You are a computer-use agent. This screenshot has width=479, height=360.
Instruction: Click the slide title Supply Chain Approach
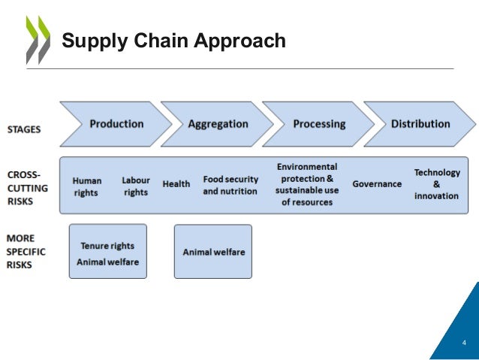coord(173,41)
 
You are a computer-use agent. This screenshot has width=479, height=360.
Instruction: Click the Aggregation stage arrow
coord(218,124)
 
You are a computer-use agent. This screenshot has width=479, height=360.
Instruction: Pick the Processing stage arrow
coord(319,124)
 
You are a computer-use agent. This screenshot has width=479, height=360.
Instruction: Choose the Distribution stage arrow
coord(420,124)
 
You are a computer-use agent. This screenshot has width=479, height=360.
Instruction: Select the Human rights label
coord(87,186)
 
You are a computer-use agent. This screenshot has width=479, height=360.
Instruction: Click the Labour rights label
coord(136,186)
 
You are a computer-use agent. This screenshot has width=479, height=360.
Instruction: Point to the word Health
coord(176,184)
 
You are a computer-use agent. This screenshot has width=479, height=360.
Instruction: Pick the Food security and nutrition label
coord(230,185)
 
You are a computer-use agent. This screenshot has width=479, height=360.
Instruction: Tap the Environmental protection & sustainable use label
coord(307,184)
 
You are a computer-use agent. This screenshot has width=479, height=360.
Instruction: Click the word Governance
coord(377,184)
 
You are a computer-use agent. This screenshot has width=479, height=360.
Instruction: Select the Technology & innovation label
coord(436,184)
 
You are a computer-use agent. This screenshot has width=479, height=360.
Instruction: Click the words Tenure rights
coord(107,245)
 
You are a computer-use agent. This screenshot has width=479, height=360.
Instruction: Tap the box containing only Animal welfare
coord(213,252)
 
